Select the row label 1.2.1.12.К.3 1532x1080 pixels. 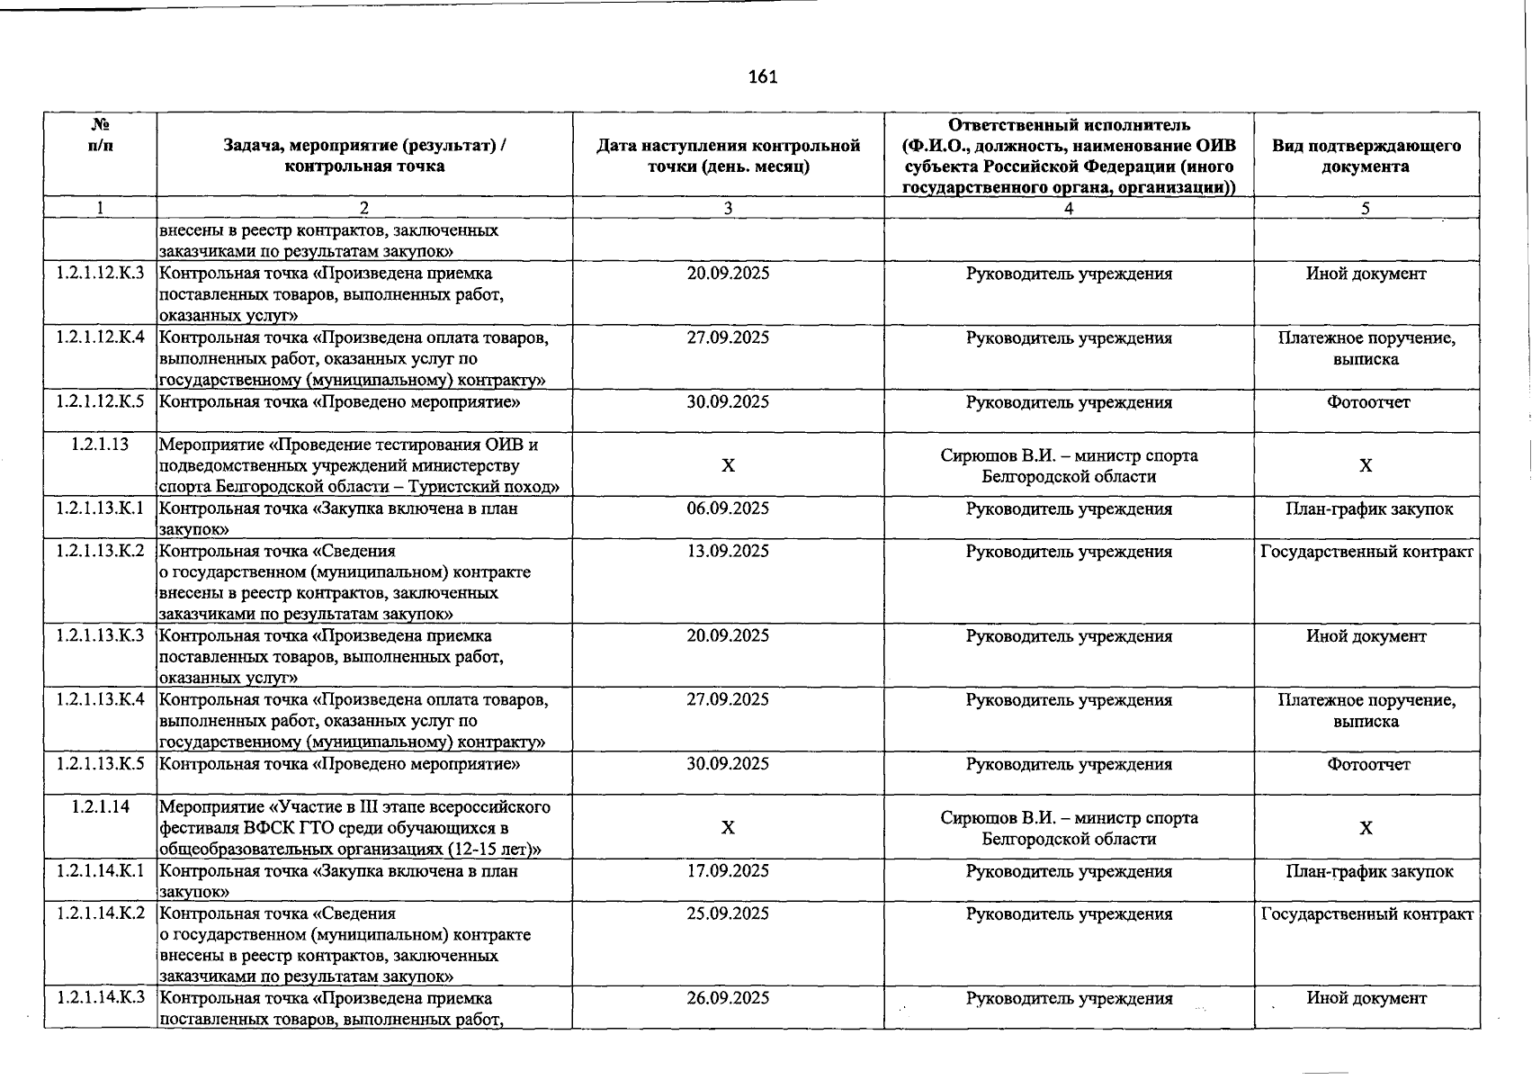tap(100, 274)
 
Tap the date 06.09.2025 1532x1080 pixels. tap(728, 508)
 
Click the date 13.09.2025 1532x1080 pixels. tap(728, 551)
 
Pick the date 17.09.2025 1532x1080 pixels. tap(728, 871)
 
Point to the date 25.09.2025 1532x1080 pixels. tap(728, 913)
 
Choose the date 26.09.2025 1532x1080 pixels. tap(728, 998)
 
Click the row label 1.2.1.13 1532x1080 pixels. tap(100, 445)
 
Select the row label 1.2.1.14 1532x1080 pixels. tap(100, 807)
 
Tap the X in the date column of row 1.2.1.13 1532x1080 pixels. tap(728, 465)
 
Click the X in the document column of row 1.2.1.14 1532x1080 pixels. tap(1366, 828)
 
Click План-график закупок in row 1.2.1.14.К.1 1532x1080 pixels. tap(1368, 871)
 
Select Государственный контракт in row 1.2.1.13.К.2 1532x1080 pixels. tap(1366, 551)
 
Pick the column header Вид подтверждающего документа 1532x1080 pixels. tap(1366, 156)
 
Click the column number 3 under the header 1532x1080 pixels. tap(728, 208)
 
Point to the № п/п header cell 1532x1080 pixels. tap(100, 135)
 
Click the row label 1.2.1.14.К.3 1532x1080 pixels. tap(100, 998)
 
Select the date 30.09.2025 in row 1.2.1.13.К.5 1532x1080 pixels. tap(728, 764)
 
